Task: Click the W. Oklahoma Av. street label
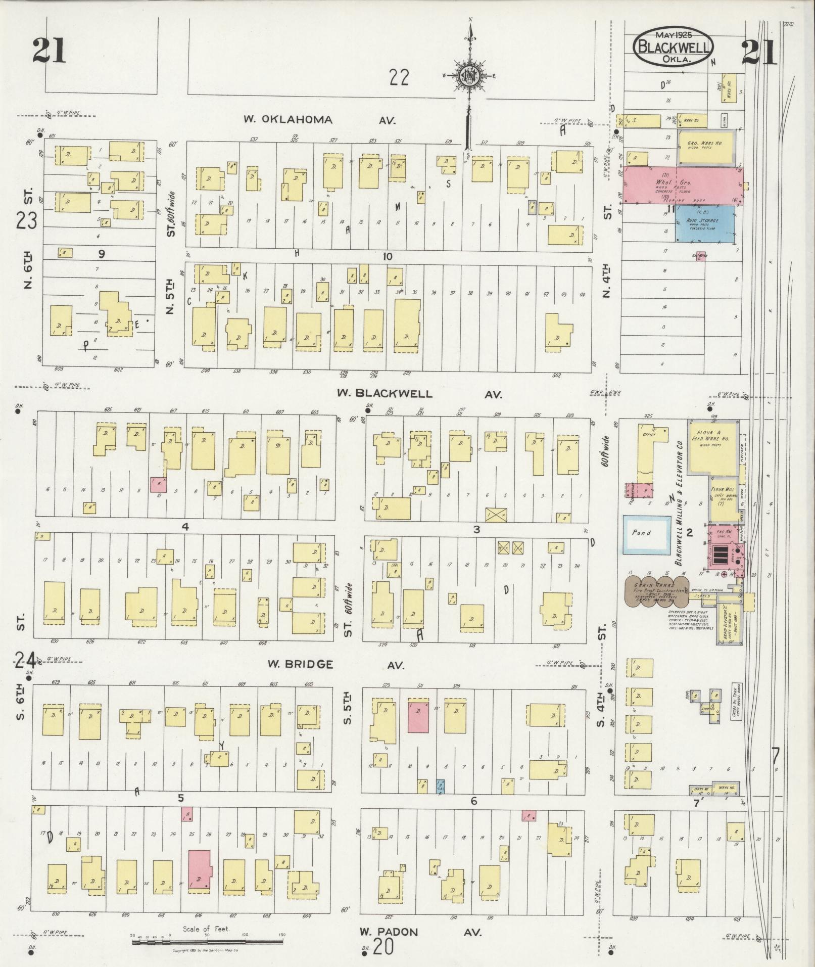point(318,120)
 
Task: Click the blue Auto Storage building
point(704,224)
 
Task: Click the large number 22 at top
point(399,78)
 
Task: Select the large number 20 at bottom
point(383,947)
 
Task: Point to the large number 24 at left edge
point(25,660)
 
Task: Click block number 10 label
point(387,256)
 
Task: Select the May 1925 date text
point(674,35)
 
